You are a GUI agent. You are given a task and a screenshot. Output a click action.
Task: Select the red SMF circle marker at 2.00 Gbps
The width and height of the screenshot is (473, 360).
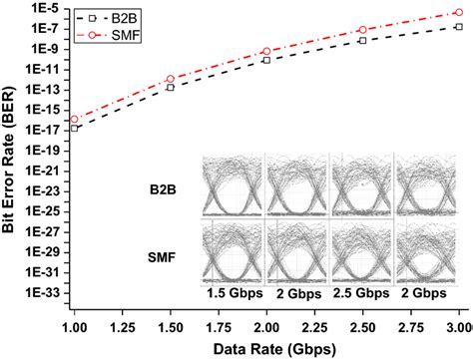click(x=266, y=51)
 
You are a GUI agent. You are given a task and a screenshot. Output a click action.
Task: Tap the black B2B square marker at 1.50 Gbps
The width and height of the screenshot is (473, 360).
click(x=171, y=88)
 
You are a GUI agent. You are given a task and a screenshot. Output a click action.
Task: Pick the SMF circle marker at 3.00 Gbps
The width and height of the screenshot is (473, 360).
click(x=458, y=13)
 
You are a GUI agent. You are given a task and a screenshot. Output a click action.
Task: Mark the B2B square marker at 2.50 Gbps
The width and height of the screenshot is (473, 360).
click(x=362, y=41)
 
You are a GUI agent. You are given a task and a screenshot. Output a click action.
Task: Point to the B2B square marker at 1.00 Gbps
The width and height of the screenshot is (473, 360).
click(x=75, y=128)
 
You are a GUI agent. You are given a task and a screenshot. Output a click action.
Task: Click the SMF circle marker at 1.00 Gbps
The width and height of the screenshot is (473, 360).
click(x=75, y=119)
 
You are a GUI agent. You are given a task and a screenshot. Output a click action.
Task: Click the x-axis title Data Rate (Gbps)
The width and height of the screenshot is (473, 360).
click(x=266, y=348)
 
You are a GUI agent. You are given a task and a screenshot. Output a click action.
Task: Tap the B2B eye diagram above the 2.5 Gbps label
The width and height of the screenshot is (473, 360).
click(x=362, y=185)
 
